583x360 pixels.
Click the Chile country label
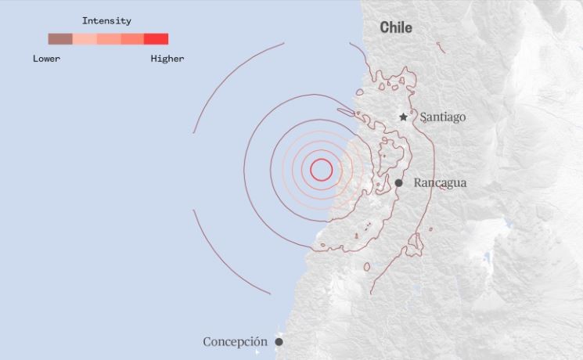coord(396,27)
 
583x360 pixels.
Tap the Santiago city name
coord(442,117)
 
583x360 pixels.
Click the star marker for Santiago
coord(404,117)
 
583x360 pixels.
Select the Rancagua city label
coord(440,182)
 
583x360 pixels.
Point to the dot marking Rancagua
coord(398,183)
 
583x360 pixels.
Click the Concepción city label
coord(235,342)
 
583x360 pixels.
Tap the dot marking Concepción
coord(279,342)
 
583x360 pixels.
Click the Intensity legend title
coord(106,21)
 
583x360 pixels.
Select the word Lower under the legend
coord(46,59)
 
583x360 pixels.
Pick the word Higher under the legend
coord(167,59)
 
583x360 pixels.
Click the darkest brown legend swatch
coord(60,39)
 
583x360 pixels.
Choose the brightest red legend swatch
coord(157,39)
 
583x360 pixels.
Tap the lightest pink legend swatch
coord(85,39)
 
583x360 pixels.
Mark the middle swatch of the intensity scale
coord(109,39)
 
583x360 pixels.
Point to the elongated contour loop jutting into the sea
coord(347,113)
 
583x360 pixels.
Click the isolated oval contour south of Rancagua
coord(366,267)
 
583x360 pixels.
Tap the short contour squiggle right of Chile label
coord(441,48)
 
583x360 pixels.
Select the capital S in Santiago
coord(423,117)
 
